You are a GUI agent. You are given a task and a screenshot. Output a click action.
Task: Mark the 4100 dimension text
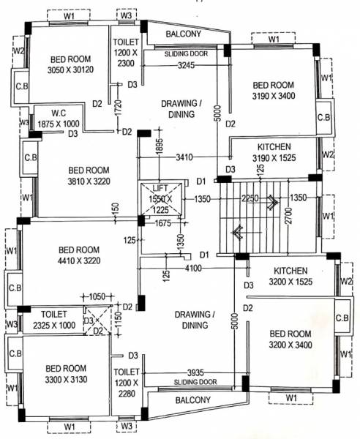point(193,269)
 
